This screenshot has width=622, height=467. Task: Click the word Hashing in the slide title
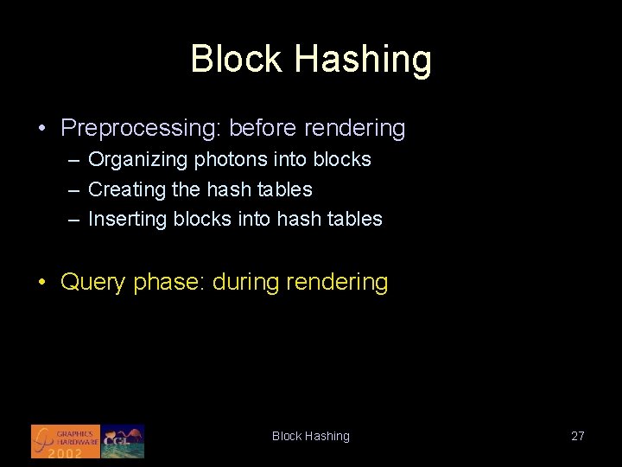click(362, 60)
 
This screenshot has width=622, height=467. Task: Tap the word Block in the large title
click(237, 59)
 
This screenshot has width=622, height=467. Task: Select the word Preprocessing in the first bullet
click(140, 129)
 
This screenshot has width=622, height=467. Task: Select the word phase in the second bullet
click(166, 283)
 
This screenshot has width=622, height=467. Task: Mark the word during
click(245, 283)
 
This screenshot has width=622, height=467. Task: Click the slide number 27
click(577, 436)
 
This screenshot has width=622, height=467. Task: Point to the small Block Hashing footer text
click(311, 436)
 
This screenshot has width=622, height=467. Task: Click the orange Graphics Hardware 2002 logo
click(66, 441)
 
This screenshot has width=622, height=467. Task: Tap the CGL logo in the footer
click(123, 441)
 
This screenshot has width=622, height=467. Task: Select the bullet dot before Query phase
click(41, 283)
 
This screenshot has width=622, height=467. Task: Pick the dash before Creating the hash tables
click(74, 189)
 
